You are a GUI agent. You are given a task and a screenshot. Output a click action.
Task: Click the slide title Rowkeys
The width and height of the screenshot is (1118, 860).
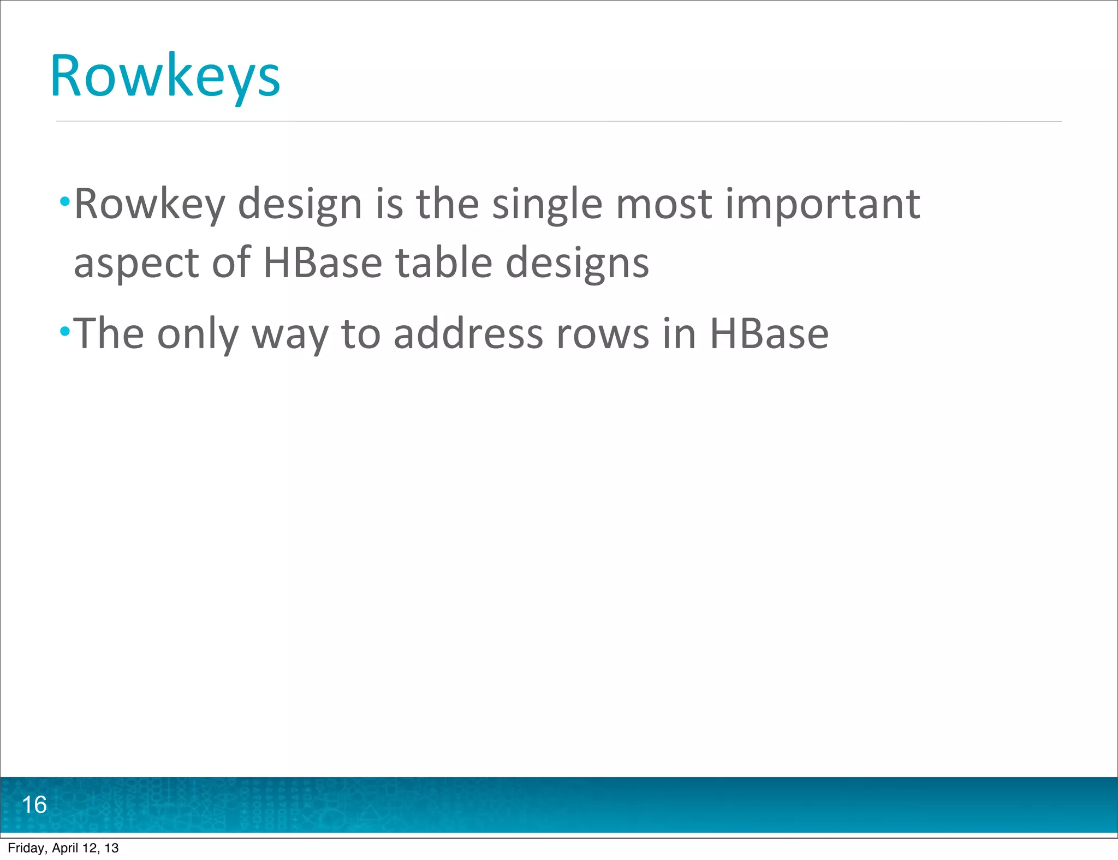coord(165,76)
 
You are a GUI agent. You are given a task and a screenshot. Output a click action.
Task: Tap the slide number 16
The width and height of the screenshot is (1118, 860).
coord(34,805)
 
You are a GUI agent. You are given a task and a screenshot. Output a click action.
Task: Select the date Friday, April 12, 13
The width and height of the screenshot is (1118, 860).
coord(63,848)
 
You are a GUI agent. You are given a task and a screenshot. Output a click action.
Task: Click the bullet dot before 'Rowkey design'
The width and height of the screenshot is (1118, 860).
coord(65,202)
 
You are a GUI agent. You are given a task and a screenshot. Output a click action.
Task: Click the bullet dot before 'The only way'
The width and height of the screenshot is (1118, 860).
coord(65,330)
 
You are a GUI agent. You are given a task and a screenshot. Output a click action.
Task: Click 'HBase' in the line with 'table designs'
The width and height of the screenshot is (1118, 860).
coord(322,262)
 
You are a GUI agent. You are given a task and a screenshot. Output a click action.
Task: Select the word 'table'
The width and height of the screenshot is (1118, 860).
coord(443,262)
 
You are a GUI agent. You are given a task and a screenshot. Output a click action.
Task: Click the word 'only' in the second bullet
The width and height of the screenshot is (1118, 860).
coord(198,334)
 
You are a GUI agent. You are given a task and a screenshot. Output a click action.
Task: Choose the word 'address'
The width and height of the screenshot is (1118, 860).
coord(468,333)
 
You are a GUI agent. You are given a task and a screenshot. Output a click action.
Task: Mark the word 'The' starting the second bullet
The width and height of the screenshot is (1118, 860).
coord(108,333)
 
